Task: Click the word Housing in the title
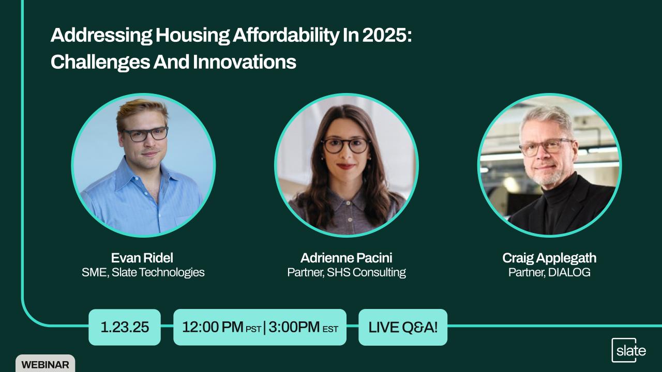point(192,35)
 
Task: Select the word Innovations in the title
point(244,62)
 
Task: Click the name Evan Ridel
point(142,258)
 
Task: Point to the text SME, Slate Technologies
point(143,272)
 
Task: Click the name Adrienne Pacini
point(347,258)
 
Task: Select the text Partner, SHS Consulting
point(347,272)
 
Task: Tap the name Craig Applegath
point(549,258)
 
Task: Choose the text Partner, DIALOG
point(549,272)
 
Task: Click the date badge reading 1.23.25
point(125,327)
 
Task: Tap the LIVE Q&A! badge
point(403,327)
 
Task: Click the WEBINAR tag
point(45,364)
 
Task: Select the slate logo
point(628,350)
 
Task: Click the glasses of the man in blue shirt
point(145,134)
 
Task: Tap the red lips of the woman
point(345,166)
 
